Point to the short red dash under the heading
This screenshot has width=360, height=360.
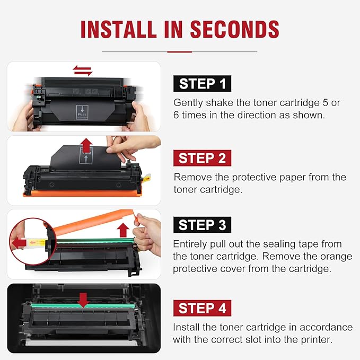179,51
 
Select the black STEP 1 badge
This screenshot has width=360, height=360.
202,84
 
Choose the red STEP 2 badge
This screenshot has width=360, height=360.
202,158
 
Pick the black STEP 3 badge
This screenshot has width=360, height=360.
202,225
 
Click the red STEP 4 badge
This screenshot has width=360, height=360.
202,308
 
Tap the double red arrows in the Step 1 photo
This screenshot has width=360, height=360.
83,70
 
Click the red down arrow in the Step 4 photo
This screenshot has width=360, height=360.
83,300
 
